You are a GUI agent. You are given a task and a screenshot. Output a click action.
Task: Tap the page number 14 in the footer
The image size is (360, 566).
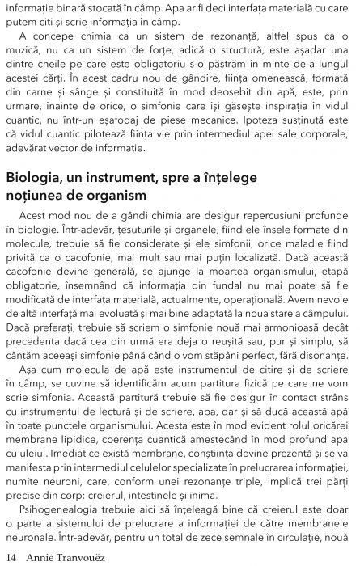11,556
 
